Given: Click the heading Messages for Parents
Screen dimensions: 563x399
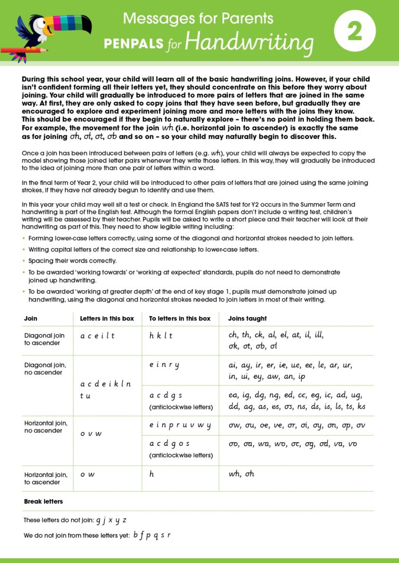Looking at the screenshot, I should (198, 19).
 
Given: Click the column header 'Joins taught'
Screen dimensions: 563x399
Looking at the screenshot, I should (248, 319).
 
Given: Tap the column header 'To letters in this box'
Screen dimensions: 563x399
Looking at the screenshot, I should (180, 319).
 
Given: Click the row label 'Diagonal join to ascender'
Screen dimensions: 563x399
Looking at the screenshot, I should (45, 339).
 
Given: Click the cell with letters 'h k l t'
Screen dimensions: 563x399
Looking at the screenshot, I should (161, 336).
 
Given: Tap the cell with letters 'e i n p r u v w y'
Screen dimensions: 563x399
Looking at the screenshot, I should (180, 425).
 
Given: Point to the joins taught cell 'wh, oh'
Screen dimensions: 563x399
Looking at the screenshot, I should (242, 474).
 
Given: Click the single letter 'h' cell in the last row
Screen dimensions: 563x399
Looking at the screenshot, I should (152, 474).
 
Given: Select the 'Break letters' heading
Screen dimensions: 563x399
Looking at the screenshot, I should (44, 502).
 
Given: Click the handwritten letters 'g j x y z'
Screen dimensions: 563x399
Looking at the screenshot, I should (111, 520).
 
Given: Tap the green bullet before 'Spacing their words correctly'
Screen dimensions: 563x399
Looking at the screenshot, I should (24, 261).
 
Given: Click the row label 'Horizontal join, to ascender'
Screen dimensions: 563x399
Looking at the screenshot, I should (46, 478).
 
